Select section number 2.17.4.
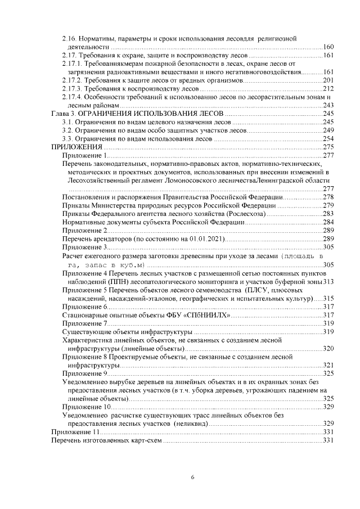[x=73, y=97]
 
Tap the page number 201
[x=330, y=80]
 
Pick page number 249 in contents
[x=330, y=130]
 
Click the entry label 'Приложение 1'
[x=84, y=155]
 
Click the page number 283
[x=330, y=213]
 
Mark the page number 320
[x=330, y=349]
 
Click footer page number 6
[x=192, y=478]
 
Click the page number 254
[x=330, y=138]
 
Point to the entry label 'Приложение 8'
[x=84, y=357]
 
